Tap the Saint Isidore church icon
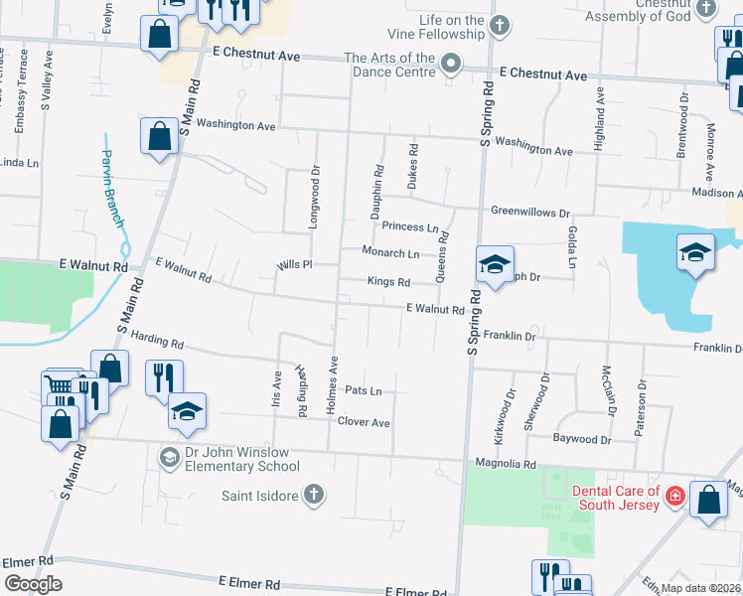point(313,494)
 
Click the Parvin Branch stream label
point(112,180)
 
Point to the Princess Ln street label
point(410,227)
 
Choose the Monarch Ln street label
point(389,253)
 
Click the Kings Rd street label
point(388,282)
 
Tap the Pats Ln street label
point(363,391)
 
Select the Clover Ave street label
point(363,422)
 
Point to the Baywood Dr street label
point(582,438)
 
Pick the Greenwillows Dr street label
point(530,212)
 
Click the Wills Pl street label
point(295,265)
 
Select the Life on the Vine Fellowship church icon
point(500,24)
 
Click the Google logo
point(33,584)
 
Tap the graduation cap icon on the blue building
point(695,251)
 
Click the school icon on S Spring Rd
point(494,263)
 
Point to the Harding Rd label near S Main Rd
point(157,343)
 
